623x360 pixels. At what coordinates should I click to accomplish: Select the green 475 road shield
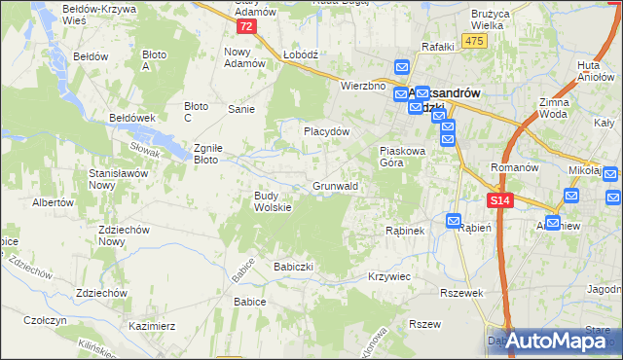(x=474, y=40)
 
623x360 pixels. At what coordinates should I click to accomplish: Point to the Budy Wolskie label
(x=274, y=200)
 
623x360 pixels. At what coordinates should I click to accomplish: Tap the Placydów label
(x=326, y=130)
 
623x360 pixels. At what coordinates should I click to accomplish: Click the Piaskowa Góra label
(x=403, y=157)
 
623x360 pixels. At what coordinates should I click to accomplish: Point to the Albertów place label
(x=54, y=203)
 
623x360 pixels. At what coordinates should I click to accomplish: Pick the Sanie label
(x=241, y=109)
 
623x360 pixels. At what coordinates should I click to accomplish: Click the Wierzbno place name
(x=364, y=86)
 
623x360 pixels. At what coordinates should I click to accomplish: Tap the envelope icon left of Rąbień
(x=454, y=222)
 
